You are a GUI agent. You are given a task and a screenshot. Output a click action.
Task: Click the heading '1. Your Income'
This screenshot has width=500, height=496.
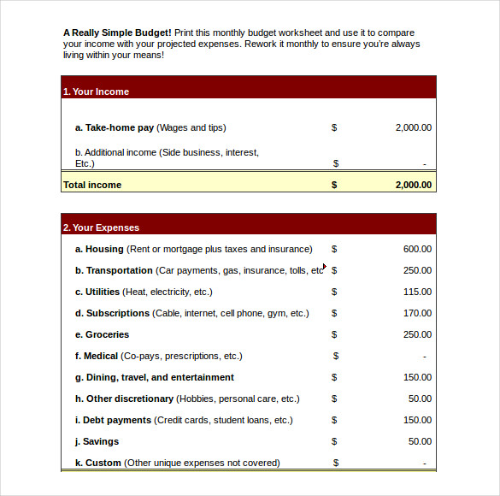pyautogui.click(x=96, y=92)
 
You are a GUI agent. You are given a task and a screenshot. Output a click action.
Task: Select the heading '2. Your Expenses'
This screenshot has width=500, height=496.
pyautogui.click(x=101, y=227)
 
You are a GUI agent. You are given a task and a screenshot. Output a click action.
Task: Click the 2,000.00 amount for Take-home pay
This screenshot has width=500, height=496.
pyautogui.click(x=413, y=127)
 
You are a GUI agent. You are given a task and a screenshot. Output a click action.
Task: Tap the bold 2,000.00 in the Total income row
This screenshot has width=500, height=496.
pyautogui.click(x=413, y=185)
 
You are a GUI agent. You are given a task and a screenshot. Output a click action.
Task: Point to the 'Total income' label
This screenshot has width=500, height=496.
pyautogui.click(x=92, y=185)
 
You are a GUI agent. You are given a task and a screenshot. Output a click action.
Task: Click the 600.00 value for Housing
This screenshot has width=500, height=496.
pyautogui.click(x=417, y=249)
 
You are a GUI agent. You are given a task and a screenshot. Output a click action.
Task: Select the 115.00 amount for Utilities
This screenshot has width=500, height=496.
pyautogui.click(x=417, y=292)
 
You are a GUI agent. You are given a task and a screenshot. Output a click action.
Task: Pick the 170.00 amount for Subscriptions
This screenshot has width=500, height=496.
pyautogui.click(x=417, y=313)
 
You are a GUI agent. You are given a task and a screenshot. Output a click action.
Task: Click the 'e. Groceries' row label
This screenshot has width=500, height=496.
pyautogui.click(x=103, y=334)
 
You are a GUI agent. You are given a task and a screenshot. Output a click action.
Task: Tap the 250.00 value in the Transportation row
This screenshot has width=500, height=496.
pyautogui.click(x=417, y=270)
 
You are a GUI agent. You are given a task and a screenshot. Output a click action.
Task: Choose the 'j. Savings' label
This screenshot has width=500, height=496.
pyautogui.click(x=97, y=441)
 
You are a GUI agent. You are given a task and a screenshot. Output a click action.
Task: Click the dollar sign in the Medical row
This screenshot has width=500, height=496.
pyautogui.click(x=336, y=356)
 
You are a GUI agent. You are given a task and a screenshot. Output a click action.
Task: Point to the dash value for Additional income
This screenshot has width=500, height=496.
pyautogui.click(x=424, y=163)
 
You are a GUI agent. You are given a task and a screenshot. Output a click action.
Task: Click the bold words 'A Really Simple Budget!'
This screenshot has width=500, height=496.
pyautogui.click(x=117, y=32)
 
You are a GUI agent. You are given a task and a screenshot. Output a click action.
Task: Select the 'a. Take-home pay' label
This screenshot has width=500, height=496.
pyautogui.click(x=115, y=127)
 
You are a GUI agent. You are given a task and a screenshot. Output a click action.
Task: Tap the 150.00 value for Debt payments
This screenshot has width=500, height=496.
pyautogui.click(x=417, y=420)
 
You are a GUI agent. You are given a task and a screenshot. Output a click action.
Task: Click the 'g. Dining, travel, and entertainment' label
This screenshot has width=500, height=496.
pyautogui.click(x=155, y=377)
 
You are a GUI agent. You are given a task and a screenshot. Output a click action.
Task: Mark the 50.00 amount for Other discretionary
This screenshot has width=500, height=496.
pyautogui.click(x=420, y=399)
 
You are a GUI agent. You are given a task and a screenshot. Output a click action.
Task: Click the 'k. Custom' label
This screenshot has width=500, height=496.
pyautogui.click(x=98, y=463)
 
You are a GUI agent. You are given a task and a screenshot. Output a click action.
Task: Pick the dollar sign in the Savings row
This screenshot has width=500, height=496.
pyautogui.click(x=334, y=441)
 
